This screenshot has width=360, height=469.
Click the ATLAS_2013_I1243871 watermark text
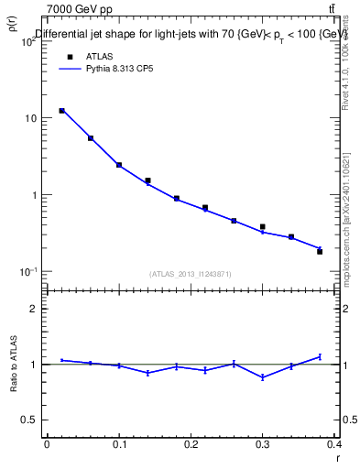(x=191, y=274)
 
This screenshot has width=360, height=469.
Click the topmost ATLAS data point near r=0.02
(x=61, y=111)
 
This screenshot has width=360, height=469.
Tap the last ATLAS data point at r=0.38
(x=320, y=251)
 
